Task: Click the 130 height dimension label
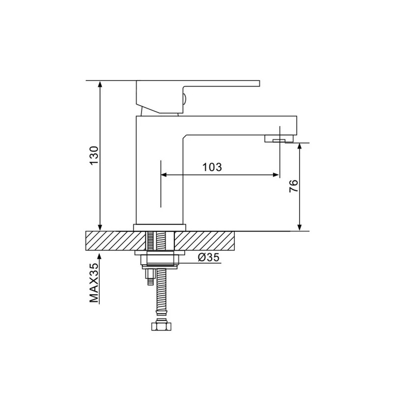(94, 155)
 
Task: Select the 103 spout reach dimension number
(212, 167)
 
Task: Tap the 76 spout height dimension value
(293, 186)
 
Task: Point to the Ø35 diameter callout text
(208, 257)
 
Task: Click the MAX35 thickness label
(94, 283)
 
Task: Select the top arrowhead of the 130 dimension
(100, 84)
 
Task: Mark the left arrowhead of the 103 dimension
(164, 175)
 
